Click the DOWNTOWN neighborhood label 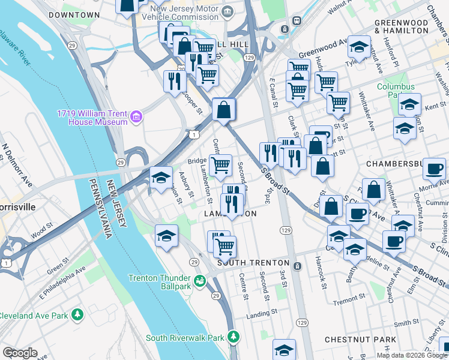[74, 14]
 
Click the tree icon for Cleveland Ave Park [77, 314]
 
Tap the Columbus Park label [396, 91]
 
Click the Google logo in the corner [20, 353]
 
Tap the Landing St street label [260, 314]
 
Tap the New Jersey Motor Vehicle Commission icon [228, 11]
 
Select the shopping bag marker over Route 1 [224, 109]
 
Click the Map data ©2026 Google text [411, 355]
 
